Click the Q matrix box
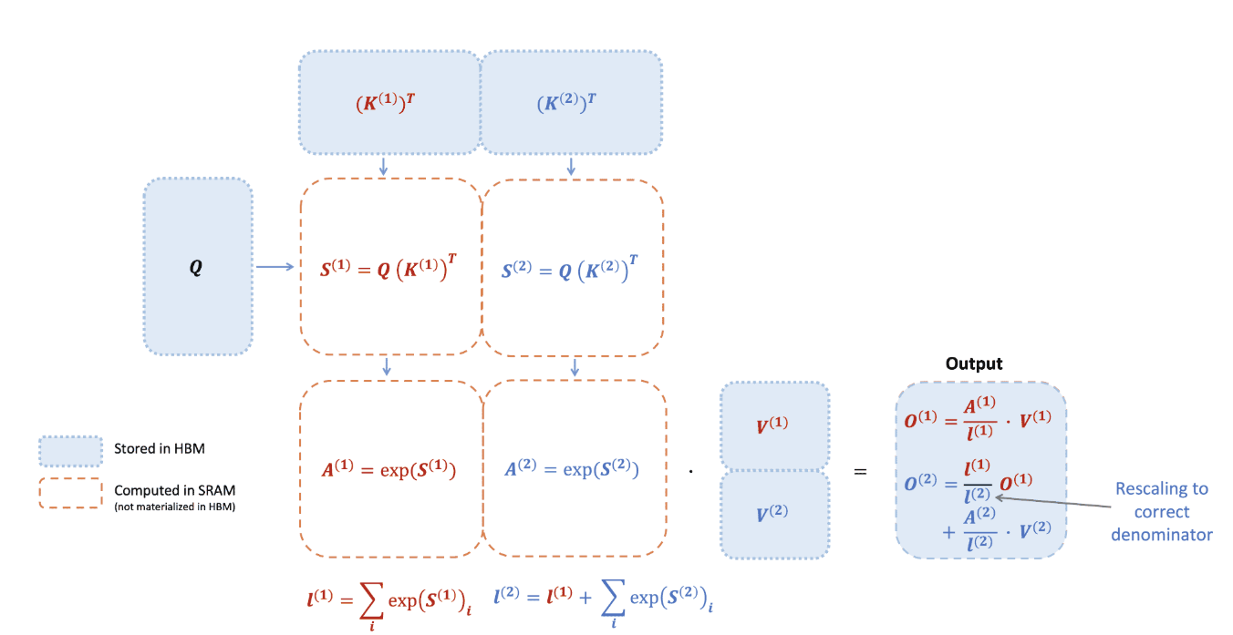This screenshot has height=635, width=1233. [197, 266]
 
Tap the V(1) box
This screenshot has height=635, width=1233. [774, 425]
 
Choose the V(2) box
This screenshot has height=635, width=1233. [774, 513]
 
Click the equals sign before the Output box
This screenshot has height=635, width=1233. [859, 472]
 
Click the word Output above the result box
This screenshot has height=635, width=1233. [974, 364]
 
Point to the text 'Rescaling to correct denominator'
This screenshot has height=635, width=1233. [1161, 511]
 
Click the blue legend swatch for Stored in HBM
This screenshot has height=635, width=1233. [70, 450]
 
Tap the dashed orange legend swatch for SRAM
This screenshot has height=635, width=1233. [70, 493]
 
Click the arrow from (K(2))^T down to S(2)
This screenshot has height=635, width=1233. [571, 166]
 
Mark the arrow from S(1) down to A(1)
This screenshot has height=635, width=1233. [388, 366]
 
